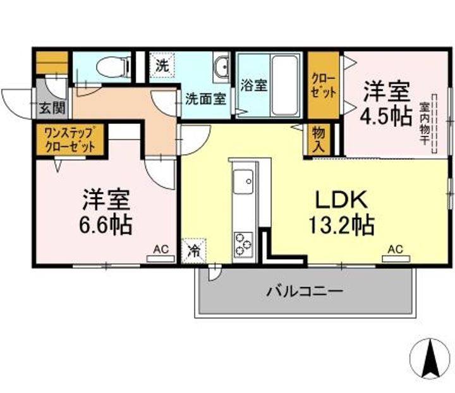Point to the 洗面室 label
[x=205, y=99]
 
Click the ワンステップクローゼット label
[x=70, y=139]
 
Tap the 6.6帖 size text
[x=106, y=224]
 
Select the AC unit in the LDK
[x=396, y=257]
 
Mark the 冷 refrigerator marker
[x=194, y=249]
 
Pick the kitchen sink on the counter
[x=243, y=184]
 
